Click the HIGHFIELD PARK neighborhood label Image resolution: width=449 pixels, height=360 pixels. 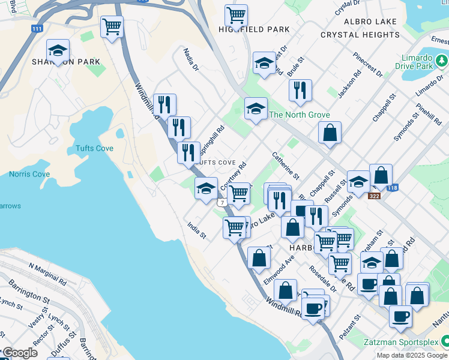254,29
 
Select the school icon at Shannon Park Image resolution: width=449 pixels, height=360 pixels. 58,50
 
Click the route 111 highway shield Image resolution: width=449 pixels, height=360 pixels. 37,29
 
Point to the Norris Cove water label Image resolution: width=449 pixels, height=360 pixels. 29,175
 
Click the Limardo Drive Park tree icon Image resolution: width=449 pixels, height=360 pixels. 442,61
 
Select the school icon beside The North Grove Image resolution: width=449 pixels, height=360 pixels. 256,109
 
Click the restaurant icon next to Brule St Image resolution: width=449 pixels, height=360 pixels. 300,90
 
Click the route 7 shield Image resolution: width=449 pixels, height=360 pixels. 223,203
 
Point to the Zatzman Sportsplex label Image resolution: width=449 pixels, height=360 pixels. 399,343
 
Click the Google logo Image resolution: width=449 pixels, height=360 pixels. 20,353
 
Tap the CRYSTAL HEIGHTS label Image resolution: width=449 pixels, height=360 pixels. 360,35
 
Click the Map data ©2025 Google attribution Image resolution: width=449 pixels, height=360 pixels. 411,355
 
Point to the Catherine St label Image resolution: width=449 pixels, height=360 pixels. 285,165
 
